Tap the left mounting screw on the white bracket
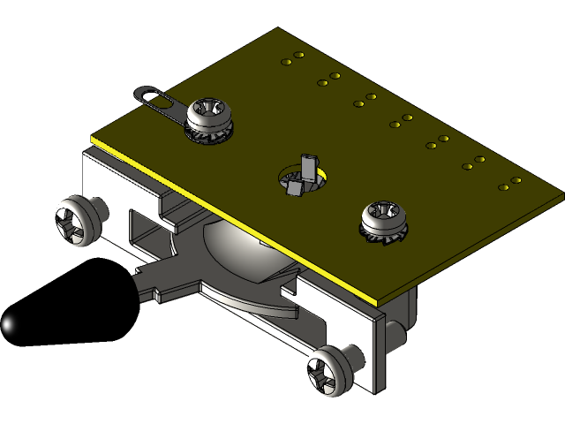point(76,223)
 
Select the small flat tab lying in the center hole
point(293,186)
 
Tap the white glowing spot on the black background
point(8,325)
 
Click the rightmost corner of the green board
point(562,190)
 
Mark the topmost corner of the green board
point(279,28)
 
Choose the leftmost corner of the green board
point(92,140)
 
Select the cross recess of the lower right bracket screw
point(325,372)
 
